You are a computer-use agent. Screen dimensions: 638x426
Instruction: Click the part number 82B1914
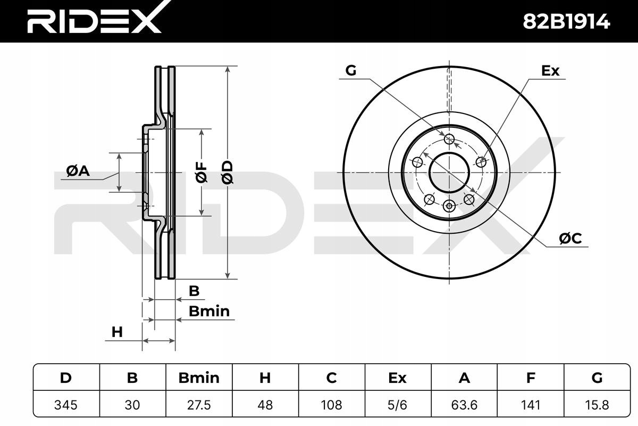566,22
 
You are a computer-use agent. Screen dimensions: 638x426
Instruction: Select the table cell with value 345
66,405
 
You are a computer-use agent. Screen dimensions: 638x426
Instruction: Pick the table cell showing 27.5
199,405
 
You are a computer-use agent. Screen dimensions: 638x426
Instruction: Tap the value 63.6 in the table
464,405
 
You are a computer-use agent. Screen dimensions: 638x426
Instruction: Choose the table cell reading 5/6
398,405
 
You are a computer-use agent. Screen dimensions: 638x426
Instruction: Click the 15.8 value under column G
597,405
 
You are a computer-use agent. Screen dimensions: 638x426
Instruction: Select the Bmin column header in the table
199,378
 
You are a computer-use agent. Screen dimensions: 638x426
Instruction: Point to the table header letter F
531,378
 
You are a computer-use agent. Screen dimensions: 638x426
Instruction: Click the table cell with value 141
531,405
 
